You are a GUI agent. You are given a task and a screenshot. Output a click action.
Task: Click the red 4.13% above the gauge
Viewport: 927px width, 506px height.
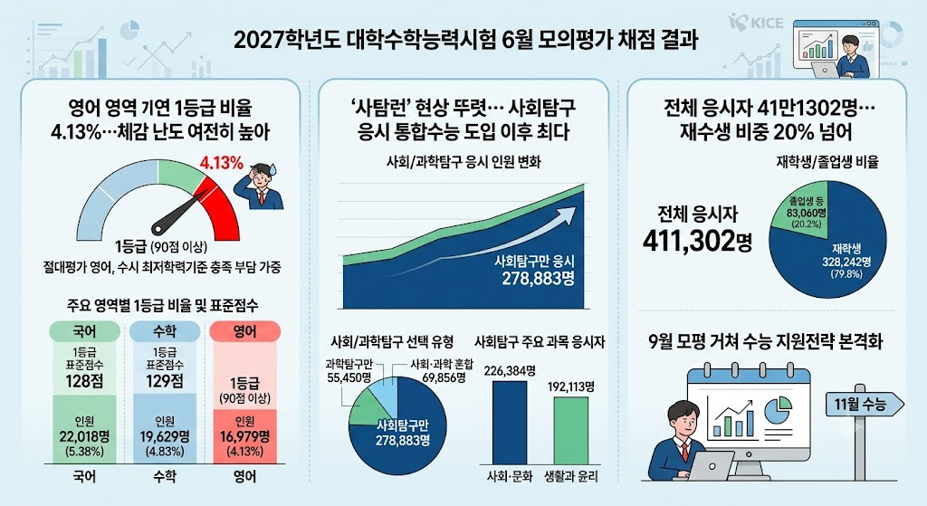point(221,163)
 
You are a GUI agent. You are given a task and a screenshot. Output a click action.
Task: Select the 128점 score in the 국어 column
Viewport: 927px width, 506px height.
point(85,381)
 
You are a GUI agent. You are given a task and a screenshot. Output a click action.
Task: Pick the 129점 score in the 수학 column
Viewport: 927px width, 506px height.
point(165,381)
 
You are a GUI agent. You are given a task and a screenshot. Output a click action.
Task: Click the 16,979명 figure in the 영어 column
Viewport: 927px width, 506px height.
point(244,437)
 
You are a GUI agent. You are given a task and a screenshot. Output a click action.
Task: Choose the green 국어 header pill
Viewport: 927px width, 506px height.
point(84,331)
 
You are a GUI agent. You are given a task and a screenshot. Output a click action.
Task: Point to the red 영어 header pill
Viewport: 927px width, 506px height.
point(244,331)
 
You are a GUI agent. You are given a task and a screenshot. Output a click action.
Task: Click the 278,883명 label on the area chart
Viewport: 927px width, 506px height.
point(538,279)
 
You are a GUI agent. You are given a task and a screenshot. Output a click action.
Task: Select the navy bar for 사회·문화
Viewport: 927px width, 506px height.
point(510,423)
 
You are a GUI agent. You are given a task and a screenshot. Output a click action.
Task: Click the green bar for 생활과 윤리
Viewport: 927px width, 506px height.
point(571,430)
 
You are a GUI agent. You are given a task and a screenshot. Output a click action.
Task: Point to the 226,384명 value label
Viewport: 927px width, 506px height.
point(510,370)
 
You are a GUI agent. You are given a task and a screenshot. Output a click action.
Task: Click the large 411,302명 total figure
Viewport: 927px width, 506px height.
point(697,241)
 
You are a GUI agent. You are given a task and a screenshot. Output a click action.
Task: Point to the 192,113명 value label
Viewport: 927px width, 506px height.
point(571,387)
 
